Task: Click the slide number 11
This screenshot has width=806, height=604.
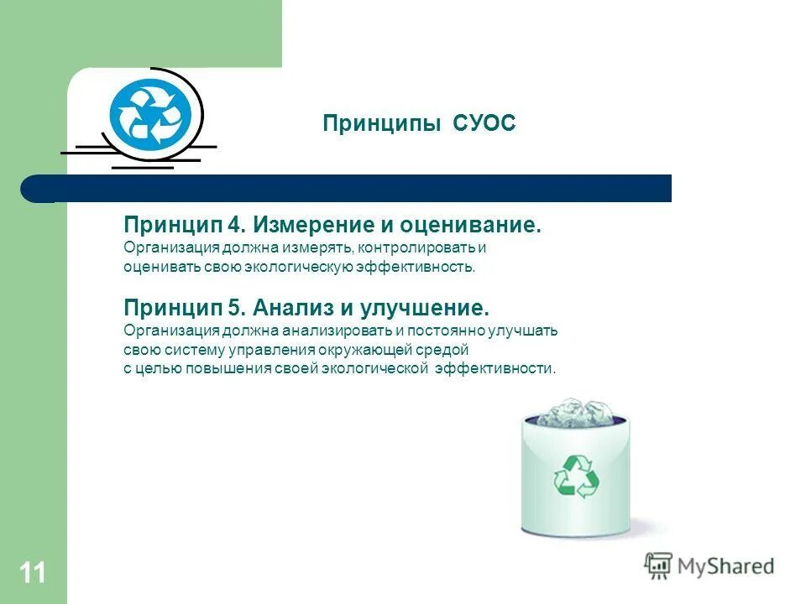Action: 33,573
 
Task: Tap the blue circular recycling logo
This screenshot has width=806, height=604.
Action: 151,114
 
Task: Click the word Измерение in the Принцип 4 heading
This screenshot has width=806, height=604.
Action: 301,226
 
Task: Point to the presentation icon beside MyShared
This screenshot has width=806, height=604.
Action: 658,566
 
